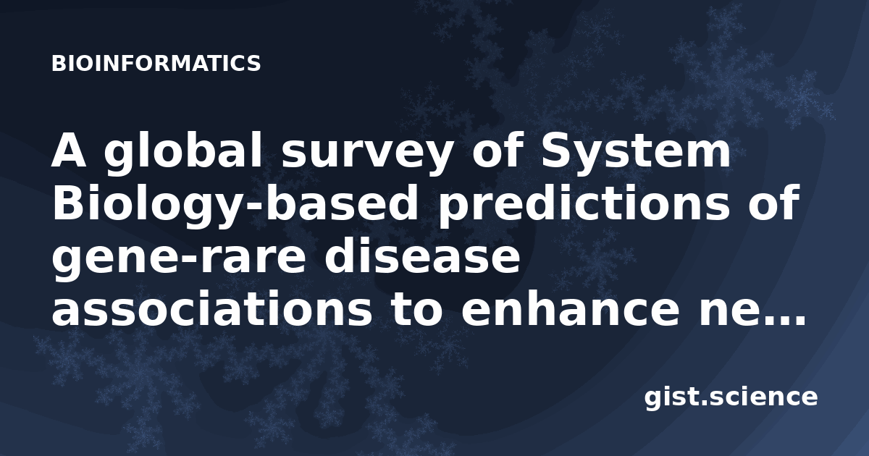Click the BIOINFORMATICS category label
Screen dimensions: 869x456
click(x=156, y=64)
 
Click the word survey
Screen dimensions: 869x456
click(x=367, y=154)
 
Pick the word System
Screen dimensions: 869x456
click(x=637, y=151)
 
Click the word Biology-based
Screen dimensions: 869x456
click(x=235, y=206)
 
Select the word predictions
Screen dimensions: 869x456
click(x=584, y=206)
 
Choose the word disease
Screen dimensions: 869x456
click(x=422, y=256)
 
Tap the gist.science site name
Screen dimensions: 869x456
click(x=731, y=398)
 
